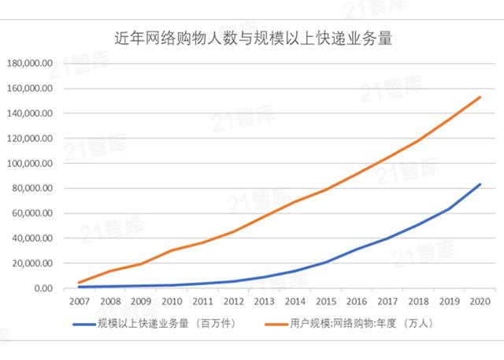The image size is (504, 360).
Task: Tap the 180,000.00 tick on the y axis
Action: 29,63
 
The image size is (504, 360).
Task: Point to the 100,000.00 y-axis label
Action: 29,163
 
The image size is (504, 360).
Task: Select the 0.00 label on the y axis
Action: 41,288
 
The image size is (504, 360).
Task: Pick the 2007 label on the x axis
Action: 78,302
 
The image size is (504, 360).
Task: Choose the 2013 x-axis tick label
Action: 265,302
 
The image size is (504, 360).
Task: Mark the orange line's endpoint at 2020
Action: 480,97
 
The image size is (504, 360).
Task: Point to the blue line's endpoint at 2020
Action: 480,184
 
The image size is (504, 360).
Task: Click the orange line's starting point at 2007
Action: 78,282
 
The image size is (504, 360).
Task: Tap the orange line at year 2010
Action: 171,251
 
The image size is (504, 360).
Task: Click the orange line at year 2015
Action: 326,189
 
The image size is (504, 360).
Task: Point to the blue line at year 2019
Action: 450,209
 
